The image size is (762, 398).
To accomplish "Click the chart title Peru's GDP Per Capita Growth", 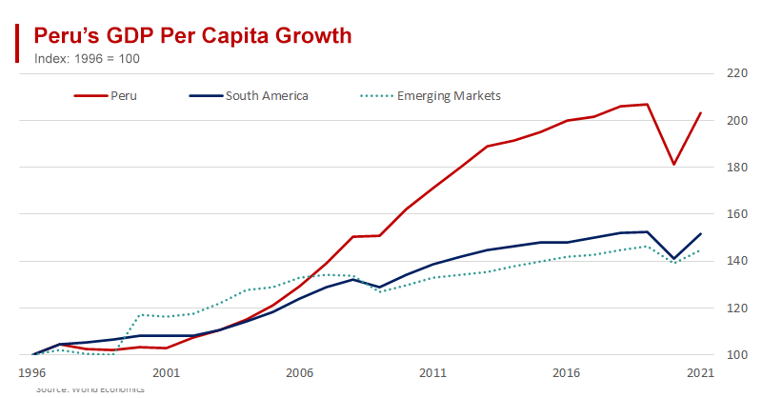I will pos(192,36).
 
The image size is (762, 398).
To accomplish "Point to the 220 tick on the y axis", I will pos(736,73).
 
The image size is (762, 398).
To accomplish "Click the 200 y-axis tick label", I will pos(736,120).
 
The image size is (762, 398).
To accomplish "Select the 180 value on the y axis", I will pos(736,168).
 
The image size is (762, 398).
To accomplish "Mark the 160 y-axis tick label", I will pos(736,214).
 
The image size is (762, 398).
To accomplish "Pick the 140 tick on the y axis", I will pos(736,261).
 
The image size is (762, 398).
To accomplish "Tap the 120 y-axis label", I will pos(736,308).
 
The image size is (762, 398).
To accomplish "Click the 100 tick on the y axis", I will pos(736,355).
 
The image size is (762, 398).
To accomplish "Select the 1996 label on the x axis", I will pos(33,373).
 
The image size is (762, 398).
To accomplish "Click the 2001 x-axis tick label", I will pos(166,373).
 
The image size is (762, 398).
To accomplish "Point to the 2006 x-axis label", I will pos(300,373).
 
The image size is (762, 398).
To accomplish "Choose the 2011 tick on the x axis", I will pos(433,373).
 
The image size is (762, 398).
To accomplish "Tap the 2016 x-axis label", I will pos(567,373).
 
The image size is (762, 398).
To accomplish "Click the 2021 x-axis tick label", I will pos(700,373).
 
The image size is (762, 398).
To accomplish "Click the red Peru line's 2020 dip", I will pos(673,164).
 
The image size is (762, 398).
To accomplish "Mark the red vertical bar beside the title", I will pos(17,43).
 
